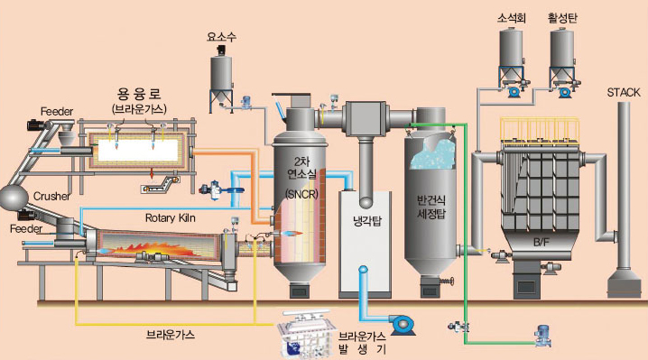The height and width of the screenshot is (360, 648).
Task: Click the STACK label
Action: (x=624, y=93)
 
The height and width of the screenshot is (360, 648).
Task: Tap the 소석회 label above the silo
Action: (x=512, y=19)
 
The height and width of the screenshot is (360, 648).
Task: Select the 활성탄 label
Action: (x=562, y=19)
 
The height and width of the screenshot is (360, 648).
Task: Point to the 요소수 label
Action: (x=221, y=37)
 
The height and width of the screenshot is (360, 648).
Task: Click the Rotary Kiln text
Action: (x=171, y=217)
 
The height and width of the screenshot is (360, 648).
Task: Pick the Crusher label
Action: (x=51, y=196)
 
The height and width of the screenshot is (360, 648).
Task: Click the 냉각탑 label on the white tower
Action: (x=367, y=222)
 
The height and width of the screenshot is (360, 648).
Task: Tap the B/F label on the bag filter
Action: (x=541, y=243)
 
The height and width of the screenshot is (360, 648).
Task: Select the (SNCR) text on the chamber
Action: (x=301, y=194)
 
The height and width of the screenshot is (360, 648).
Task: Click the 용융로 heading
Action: (x=139, y=95)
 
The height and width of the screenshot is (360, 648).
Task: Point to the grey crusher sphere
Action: (x=14, y=198)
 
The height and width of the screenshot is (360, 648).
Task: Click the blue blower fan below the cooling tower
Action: (x=401, y=324)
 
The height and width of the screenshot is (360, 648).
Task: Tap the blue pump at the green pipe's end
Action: (x=542, y=336)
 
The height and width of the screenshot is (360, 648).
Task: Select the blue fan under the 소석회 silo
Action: (x=514, y=91)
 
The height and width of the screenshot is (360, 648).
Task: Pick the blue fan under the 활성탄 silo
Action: (x=564, y=92)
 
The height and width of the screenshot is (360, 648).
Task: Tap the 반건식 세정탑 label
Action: (x=431, y=208)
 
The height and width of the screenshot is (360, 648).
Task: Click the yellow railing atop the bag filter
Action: (x=540, y=129)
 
